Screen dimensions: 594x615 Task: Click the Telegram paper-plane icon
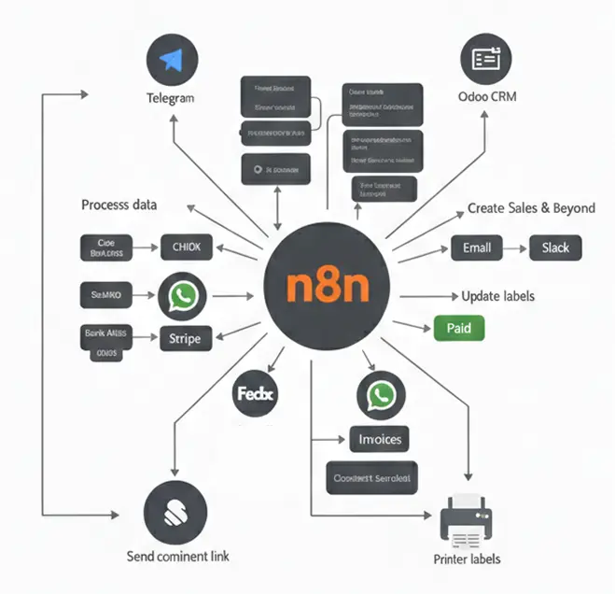click(171, 60)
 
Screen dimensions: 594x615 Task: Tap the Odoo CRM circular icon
click(486, 59)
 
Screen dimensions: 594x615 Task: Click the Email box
click(477, 247)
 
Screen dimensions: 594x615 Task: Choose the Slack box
click(556, 247)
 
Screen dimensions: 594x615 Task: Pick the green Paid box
click(459, 328)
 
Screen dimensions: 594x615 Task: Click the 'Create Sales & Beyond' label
click(531, 207)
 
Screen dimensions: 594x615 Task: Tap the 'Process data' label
click(119, 205)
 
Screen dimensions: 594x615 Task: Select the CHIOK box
click(187, 247)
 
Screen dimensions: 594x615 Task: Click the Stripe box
click(187, 338)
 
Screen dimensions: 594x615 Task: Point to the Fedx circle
click(255, 395)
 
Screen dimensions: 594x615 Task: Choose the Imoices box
click(378, 438)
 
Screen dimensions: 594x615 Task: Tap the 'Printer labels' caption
click(468, 559)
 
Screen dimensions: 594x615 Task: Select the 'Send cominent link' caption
click(177, 556)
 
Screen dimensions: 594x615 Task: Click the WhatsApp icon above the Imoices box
click(381, 396)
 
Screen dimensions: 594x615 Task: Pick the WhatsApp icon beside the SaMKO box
click(184, 297)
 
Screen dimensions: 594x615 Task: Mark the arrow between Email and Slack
click(516, 248)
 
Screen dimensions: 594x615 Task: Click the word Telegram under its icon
click(171, 98)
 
